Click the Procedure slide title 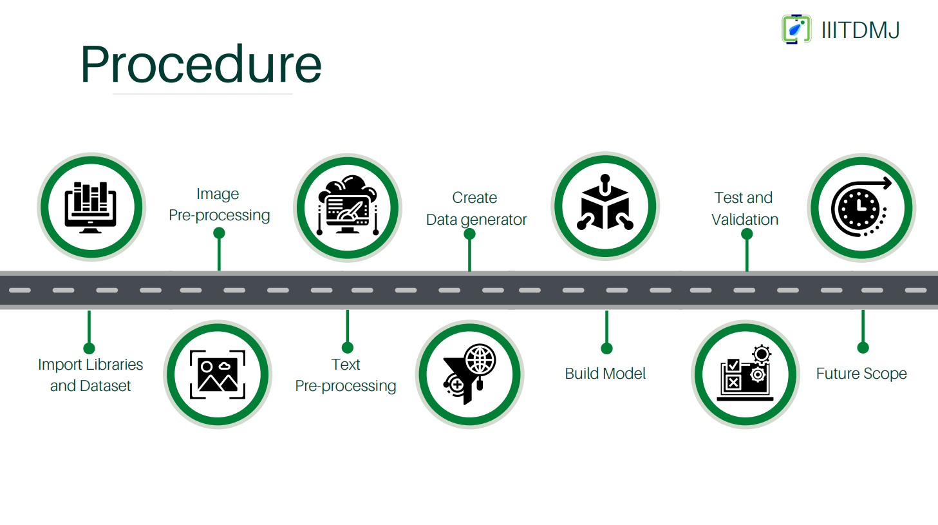pos(201,64)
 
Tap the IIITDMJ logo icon pos(796,29)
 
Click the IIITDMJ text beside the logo pos(861,30)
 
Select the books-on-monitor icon pos(91,207)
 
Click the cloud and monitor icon pos(348,205)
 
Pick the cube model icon pos(605,202)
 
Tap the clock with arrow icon pos(861,207)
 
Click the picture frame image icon pos(218,374)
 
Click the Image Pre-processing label pos(219,204)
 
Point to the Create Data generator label pos(476,208)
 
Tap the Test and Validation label pos(744,208)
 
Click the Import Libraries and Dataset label pos(90,375)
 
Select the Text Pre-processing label pos(346,376)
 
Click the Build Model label pos(605,374)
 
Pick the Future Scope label pos(861,374)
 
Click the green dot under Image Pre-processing pos(219,233)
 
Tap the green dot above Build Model pos(606,348)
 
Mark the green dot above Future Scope pos(863,348)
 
